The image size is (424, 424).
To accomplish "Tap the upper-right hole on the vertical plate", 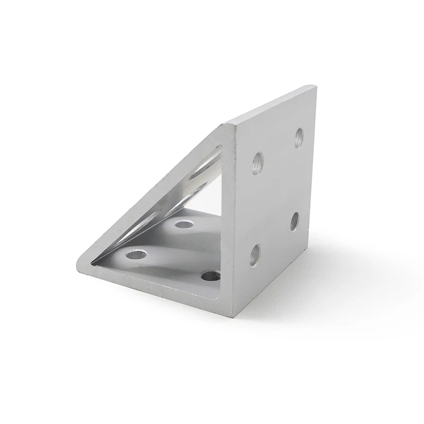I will tap(299, 137).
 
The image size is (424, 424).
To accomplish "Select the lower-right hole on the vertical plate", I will tap(295, 221).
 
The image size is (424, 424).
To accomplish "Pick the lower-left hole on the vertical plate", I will tap(255, 255).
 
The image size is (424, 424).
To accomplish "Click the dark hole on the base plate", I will tap(211, 276).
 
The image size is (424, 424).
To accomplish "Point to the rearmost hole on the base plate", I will tap(184, 224).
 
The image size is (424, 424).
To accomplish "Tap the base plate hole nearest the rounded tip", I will tap(136, 254).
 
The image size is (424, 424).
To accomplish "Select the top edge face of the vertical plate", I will tap(270, 105).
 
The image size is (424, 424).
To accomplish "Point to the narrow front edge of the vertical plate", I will tap(231, 223).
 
